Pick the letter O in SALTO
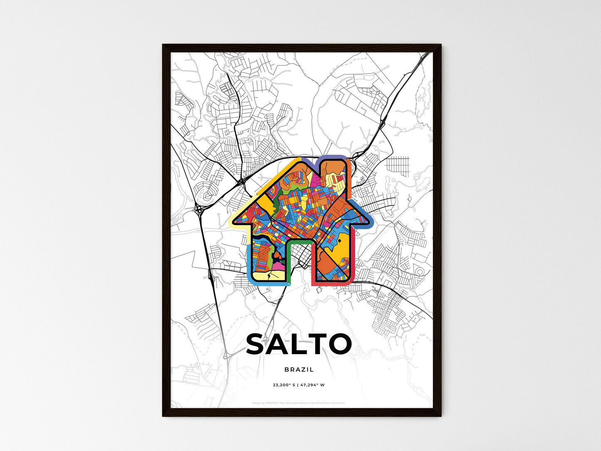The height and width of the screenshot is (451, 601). coord(340,344)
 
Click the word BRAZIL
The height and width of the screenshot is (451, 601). coord(299,369)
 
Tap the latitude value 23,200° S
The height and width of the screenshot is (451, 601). coord(284,385)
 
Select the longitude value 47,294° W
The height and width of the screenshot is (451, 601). coord(312,385)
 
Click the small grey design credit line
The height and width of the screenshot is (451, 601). coord(299,403)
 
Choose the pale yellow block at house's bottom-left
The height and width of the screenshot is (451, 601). coord(266,275)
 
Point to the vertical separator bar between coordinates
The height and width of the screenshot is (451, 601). coord(298,385)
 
